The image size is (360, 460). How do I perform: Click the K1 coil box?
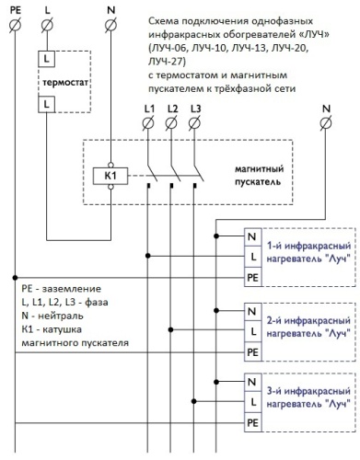pos(110,174)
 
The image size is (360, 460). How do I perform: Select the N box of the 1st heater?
pos(251,235)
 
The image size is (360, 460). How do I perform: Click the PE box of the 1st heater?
pos(251,275)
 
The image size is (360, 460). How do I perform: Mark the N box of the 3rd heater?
pos(251,382)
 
